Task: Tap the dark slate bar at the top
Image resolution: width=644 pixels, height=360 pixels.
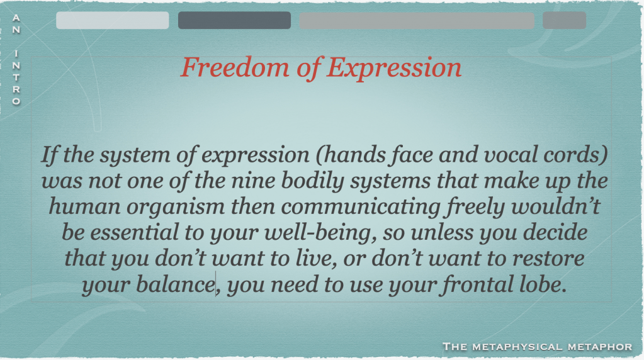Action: (235, 20)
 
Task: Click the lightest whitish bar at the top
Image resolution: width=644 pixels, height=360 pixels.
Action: (113, 20)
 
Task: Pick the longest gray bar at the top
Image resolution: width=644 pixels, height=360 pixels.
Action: (417, 20)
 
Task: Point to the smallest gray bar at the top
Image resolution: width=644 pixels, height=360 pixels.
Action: (564, 20)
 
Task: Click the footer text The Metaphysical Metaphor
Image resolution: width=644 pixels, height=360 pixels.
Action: (537, 347)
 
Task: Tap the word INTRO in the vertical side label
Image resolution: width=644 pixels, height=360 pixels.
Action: (16, 77)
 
